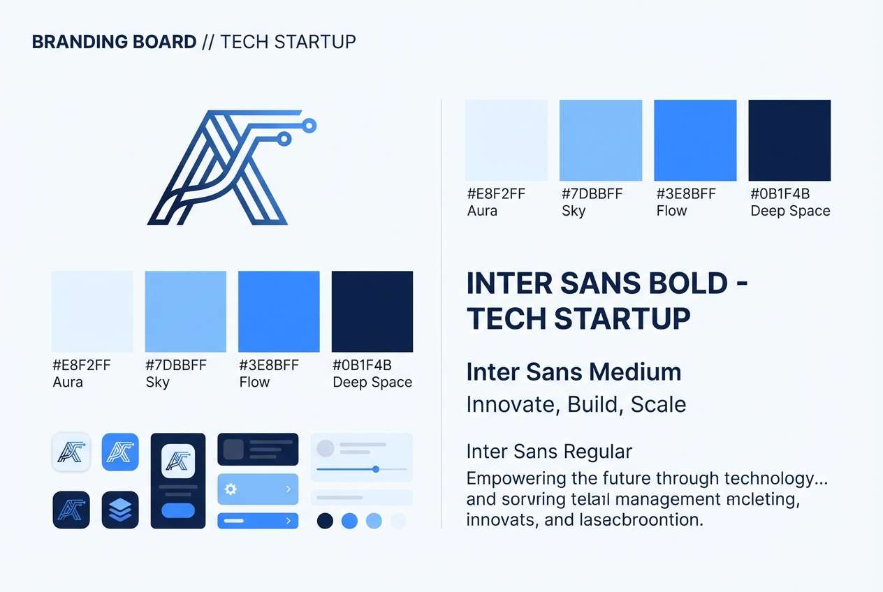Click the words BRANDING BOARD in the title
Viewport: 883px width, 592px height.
115,42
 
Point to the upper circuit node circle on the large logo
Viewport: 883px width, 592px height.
311,126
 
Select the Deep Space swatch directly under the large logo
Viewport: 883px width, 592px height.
372,311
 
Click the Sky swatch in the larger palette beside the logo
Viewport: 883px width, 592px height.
601,140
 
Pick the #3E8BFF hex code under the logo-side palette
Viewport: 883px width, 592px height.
269,365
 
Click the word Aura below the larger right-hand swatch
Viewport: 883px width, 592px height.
482,211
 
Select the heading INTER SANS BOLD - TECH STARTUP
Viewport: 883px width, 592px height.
606,301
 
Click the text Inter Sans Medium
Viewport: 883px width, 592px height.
574,372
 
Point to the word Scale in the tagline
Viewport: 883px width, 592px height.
658,404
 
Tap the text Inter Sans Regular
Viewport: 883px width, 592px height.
549,452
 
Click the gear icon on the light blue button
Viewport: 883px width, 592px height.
231,489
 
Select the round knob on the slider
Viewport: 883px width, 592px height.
376,469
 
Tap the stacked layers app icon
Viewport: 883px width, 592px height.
120,510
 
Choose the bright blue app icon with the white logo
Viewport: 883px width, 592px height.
120,452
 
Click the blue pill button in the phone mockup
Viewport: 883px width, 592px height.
178,510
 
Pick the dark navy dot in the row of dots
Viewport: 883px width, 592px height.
325,521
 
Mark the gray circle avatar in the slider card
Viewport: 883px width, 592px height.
326,448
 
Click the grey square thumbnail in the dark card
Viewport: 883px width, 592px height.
233,449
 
